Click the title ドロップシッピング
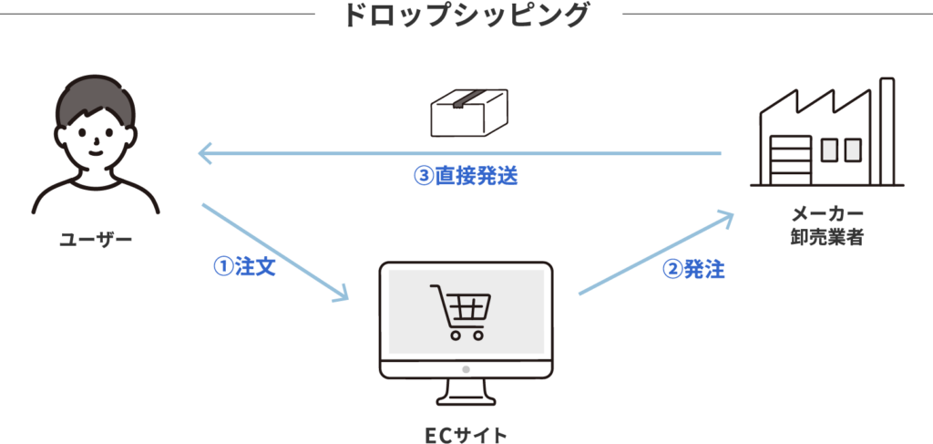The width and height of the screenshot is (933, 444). click(x=466, y=15)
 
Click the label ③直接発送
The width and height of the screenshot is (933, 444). click(x=466, y=176)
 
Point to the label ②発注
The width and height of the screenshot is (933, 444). click(x=693, y=270)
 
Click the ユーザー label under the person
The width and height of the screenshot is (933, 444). click(x=96, y=240)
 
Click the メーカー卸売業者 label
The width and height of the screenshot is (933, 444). click(x=827, y=226)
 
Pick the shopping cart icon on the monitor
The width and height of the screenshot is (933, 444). click(x=459, y=311)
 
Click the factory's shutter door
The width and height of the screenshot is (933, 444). click(x=791, y=159)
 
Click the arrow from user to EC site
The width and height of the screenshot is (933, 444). click(x=273, y=252)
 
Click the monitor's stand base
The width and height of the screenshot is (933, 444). click(x=466, y=398)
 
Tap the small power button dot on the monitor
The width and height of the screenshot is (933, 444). click(x=466, y=369)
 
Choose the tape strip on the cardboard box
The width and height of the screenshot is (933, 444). click(x=477, y=98)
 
